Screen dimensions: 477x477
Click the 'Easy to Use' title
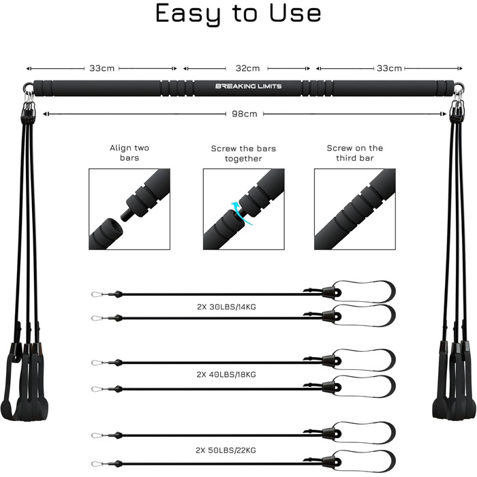238,14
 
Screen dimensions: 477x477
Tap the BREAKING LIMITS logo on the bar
248,86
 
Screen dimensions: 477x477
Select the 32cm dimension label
247,68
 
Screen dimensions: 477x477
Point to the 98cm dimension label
244,114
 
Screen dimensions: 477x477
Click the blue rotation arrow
241,213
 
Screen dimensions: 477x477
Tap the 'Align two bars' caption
129,153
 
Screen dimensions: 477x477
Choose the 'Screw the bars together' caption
243,153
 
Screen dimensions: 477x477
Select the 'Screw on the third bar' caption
355,153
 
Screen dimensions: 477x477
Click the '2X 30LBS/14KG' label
226,307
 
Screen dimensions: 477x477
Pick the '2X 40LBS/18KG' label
226,375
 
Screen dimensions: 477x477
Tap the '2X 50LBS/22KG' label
226,450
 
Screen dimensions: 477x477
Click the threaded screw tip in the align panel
125,215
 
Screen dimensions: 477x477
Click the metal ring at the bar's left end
29,86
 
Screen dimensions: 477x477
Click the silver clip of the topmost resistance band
97,294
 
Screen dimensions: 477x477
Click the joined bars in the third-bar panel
355,209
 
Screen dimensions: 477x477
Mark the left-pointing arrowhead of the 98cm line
45,114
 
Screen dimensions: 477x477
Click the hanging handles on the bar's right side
455,380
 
